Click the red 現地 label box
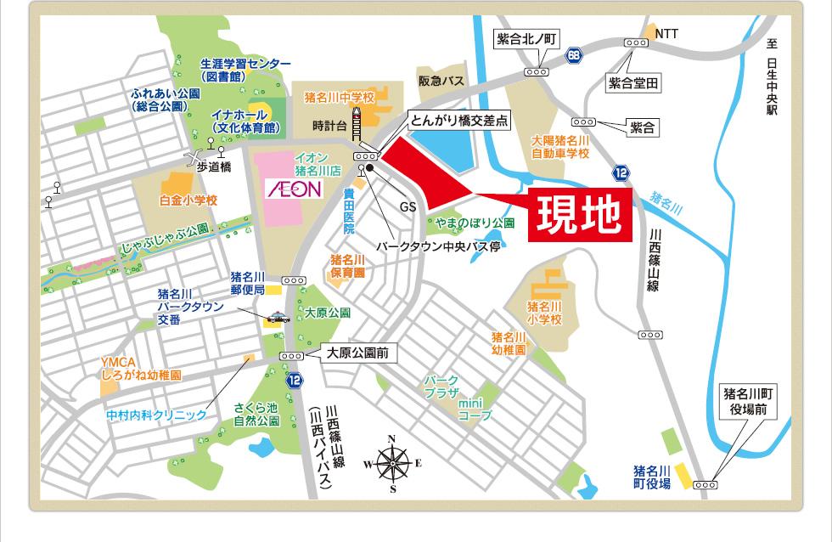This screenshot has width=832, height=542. pyautogui.click(x=581, y=217)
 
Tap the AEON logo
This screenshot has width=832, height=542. pyautogui.click(x=294, y=188)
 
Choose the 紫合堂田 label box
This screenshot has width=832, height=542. pyautogui.click(x=633, y=83)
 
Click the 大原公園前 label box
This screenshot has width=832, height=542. pyautogui.click(x=357, y=353)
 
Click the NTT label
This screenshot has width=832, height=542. pyautogui.click(x=666, y=33)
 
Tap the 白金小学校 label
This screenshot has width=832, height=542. pyautogui.click(x=188, y=200)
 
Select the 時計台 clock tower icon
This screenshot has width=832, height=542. pyautogui.click(x=358, y=125)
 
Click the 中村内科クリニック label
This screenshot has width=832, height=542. pyautogui.click(x=156, y=415)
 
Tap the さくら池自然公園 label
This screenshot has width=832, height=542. pyautogui.click(x=256, y=415)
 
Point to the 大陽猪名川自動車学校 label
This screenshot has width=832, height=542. pyautogui.click(x=559, y=146)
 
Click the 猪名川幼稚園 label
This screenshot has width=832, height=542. pyautogui.click(x=508, y=343)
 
